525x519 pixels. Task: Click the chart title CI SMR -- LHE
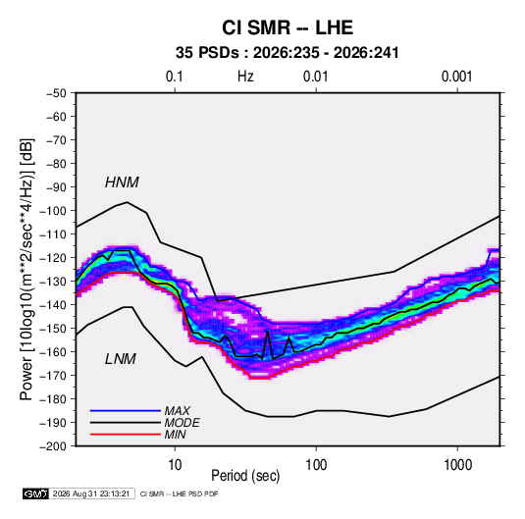pyautogui.click(x=288, y=27)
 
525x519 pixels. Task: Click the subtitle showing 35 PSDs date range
pyautogui.click(x=288, y=53)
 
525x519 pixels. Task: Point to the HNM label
pyautogui.click(x=122, y=182)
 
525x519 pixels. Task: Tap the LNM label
pyautogui.click(x=121, y=359)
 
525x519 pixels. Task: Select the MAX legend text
pyautogui.click(x=178, y=411)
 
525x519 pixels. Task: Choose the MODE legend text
pyautogui.click(x=183, y=423)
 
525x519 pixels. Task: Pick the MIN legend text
pyautogui.click(x=175, y=435)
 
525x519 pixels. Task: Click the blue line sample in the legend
pyautogui.click(x=126, y=411)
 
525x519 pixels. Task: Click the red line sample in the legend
pyautogui.click(x=126, y=435)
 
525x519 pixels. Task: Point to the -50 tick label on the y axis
pyautogui.click(x=56, y=93)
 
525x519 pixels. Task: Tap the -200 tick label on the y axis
pyautogui.click(x=53, y=446)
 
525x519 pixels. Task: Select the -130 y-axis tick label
pyautogui.click(x=53, y=282)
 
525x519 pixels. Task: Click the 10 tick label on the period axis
pyautogui.click(x=175, y=465)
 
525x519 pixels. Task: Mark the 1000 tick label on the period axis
pyautogui.click(x=457, y=465)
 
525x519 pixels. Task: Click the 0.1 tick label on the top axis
pyautogui.click(x=175, y=77)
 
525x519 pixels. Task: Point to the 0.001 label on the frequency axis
pyautogui.click(x=456, y=77)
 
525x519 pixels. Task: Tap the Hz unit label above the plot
pyautogui.click(x=245, y=77)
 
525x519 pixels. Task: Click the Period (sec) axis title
pyautogui.click(x=245, y=476)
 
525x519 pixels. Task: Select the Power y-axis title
pyautogui.click(x=26, y=269)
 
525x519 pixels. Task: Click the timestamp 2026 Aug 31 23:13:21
pyautogui.click(x=91, y=493)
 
